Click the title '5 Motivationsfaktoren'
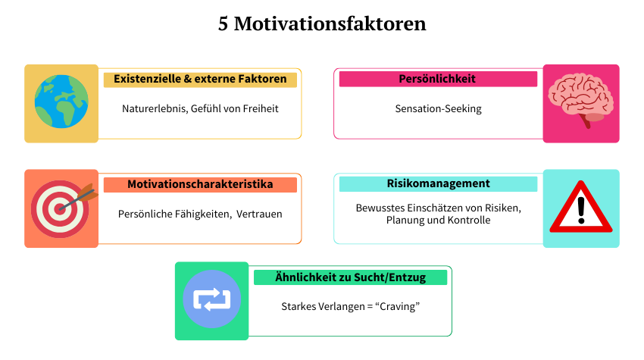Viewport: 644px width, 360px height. pyautogui.click(x=322, y=24)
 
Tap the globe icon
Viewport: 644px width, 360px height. pyautogui.click(x=61, y=103)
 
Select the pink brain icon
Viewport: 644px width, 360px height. pyautogui.click(x=581, y=103)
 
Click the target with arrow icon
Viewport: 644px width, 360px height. pyautogui.click(x=61, y=208)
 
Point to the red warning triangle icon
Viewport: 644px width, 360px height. pyautogui.click(x=581, y=208)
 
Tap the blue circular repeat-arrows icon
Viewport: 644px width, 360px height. pyautogui.click(x=211, y=301)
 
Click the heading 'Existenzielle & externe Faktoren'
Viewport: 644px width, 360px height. pyautogui.click(x=200, y=79)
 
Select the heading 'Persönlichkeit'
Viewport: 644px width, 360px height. pyautogui.click(x=438, y=79)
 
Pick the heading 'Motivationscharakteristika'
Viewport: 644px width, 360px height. pyautogui.click(x=200, y=184)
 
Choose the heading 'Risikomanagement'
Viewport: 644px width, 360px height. pyautogui.click(x=438, y=183)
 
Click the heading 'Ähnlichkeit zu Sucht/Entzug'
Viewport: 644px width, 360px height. pyautogui.click(x=350, y=277)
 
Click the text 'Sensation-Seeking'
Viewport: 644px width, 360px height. pyautogui.click(x=438, y=108)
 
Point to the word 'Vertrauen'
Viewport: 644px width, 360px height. pyautogui.click(x=259, y=214)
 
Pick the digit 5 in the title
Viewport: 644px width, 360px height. pyautogui.click(x=224, y=24)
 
